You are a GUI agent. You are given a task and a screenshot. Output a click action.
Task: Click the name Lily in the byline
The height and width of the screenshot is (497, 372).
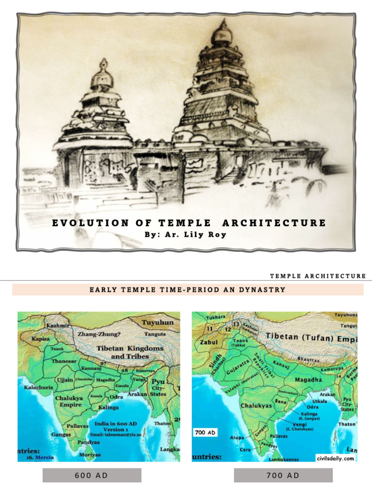[x=189, y=234]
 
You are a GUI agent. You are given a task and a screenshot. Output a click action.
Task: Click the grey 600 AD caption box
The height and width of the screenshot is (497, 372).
[x=92, y=475]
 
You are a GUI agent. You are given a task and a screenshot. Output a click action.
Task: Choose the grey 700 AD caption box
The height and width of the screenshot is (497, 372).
[x=283, y=475]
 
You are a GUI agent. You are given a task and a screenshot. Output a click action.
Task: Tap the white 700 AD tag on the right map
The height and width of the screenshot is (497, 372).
[x=205, y=432]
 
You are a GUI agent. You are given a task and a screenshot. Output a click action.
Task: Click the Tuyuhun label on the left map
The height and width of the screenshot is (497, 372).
[x=157, y=322]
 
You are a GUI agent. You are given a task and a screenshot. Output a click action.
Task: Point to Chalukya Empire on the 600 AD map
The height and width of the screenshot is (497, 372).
[x=70, y=401]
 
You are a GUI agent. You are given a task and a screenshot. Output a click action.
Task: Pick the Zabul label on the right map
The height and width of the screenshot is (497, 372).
[x=205, y=342]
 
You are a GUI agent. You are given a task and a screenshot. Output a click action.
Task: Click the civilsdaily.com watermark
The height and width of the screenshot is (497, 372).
[x=335, y=458]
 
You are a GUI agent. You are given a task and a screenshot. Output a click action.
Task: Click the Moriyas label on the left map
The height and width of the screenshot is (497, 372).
[x=90, y=455]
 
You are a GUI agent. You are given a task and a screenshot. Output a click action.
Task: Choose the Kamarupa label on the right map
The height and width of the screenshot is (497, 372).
[x=335, y=369]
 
